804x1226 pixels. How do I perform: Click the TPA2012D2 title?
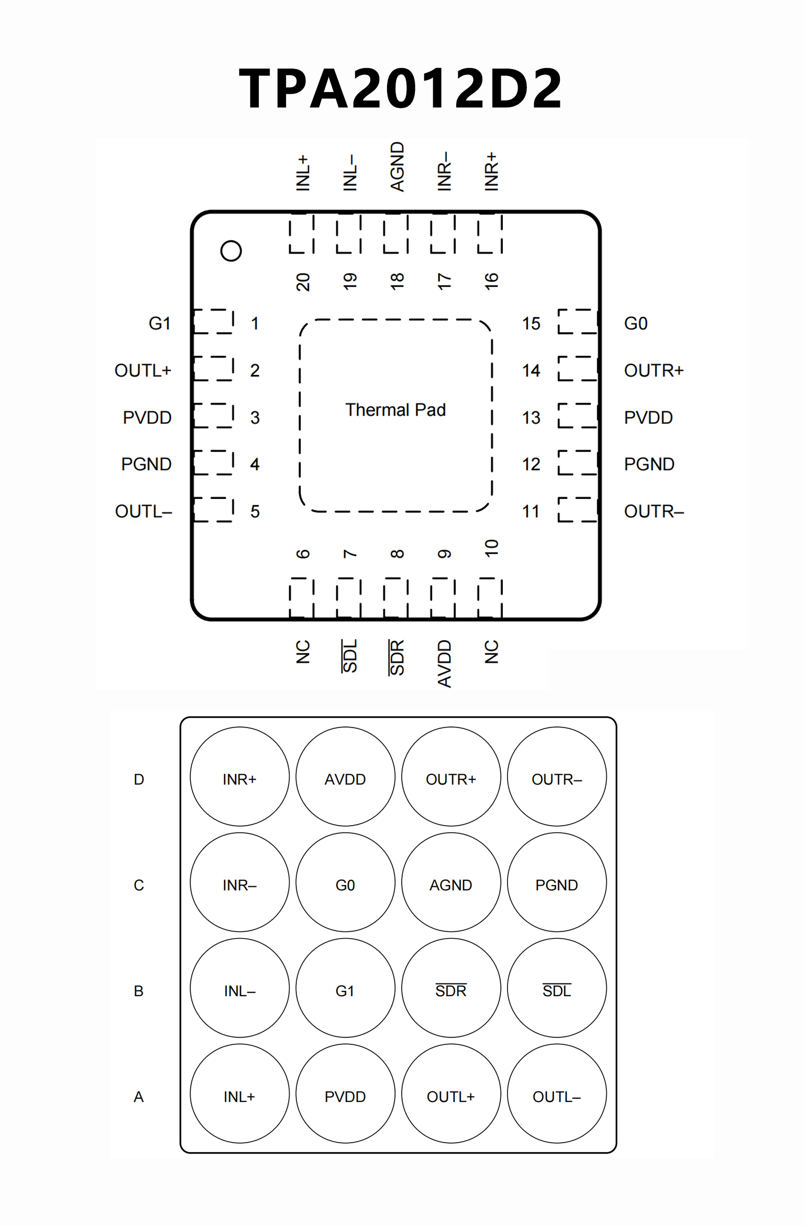(x=401, y=88)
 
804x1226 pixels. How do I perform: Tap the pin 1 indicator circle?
(x=231, y=251)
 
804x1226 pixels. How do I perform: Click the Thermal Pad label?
(x=395, y=410)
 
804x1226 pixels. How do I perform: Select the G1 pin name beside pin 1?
(x=160, y=324)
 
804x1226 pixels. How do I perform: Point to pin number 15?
(x=531, y=324)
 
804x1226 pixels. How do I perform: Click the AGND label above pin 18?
(x=398, y=166)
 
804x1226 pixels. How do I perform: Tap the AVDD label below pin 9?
(x=444, y=663)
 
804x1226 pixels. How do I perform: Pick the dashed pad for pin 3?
(x=214, y=416)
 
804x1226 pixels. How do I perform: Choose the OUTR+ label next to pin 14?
(x=654, y=371)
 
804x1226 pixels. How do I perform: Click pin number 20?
(x=303, y=282)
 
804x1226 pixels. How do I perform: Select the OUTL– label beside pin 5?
(x=144, y=511)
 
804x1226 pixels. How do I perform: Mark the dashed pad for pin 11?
(x=578, y=510)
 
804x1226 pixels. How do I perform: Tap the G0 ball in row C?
(x=345, y=885)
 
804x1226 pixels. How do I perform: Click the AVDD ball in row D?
(x=345, y=779)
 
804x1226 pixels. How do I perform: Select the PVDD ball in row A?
(x=345, y=1097)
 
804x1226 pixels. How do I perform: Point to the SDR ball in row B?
(x=451, y=990)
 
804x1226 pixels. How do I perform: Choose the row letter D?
(x=139, y=779)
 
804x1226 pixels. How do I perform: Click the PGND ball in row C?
(x=557, y=885)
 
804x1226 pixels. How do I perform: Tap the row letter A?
(x=139, y=1097)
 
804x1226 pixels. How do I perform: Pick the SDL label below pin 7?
(x=350, y=656)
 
